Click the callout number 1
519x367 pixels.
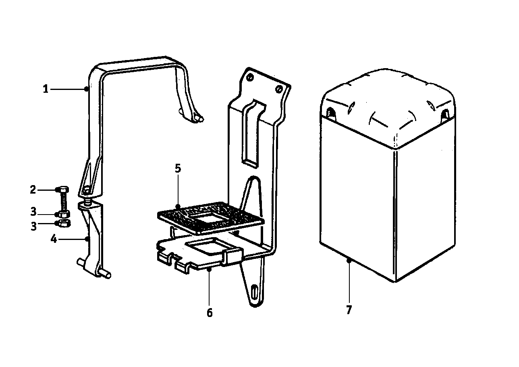46,89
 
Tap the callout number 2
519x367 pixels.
33,190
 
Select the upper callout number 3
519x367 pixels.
33,212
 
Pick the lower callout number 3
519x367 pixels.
34,226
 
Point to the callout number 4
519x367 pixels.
54,239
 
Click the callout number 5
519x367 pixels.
178,169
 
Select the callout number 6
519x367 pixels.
210,313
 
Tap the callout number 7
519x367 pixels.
349,310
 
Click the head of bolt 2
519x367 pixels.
62,190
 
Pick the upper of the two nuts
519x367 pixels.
63,214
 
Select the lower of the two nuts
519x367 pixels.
64,223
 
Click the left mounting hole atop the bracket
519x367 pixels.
250,77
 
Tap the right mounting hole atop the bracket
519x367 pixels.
279,89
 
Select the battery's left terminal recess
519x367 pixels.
331,113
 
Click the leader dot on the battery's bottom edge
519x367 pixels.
349,261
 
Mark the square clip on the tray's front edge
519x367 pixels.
233,256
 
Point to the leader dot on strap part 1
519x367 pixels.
86,89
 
